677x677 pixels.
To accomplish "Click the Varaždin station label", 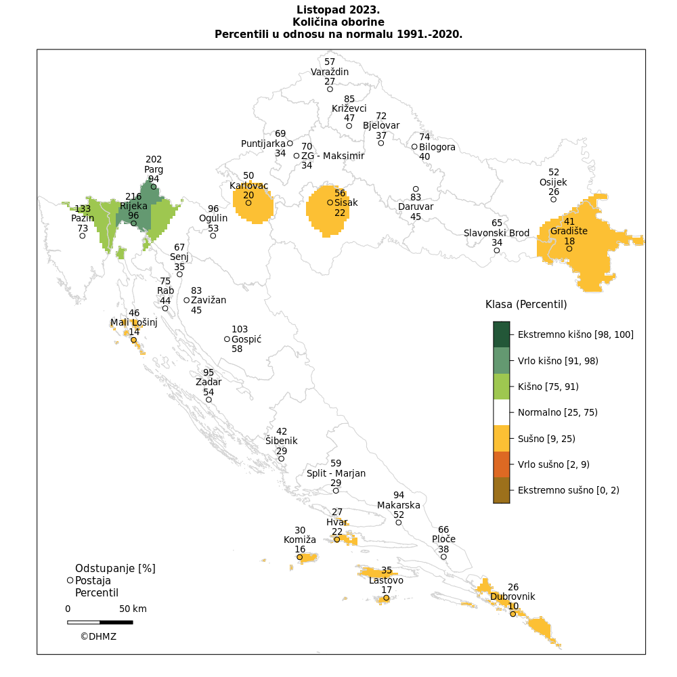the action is point(330,72).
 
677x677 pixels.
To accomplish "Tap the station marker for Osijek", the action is point(554,200).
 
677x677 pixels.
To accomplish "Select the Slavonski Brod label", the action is point(496,233).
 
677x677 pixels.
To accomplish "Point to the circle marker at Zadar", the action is point(209,400).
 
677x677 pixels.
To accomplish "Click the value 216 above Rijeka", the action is point(133,197).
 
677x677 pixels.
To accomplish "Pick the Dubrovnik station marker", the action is point(513,614).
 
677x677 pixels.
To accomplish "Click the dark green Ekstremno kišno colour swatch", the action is point(501,334).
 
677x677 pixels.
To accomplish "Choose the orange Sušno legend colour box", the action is point(501,438).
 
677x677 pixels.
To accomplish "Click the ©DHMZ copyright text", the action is point(98,636).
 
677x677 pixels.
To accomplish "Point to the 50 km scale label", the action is point(133,609).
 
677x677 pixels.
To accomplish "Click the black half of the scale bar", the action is point(116,622).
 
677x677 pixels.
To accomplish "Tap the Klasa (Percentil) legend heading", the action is point(526,305).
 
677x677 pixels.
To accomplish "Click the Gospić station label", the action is point(246,339).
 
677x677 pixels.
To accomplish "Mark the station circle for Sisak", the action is point(330,202).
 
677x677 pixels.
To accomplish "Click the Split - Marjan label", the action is point(336,473).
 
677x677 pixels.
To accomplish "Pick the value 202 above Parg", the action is point(154,160).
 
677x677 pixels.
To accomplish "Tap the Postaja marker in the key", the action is point(70,580).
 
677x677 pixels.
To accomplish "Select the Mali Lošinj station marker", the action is point(134,341).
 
